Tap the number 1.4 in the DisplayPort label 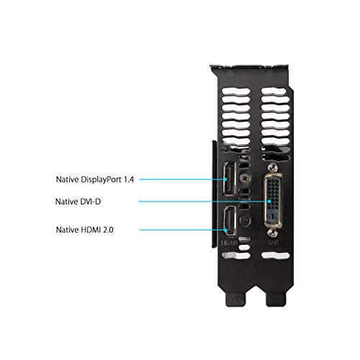coord(129,179)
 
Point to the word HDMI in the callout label coord(91,230)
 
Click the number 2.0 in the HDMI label coord(108,230)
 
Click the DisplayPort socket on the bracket coord(230,179)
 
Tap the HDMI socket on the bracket coord(230,222)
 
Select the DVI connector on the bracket coord(273,200)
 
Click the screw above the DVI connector coord(272,166)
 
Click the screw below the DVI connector coord(272,232)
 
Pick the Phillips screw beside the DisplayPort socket coord(245,179)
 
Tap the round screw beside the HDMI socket coord(246,220)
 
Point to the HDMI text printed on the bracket coord(229,243)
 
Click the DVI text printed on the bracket coord(273,243)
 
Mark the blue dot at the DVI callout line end coord(269,202)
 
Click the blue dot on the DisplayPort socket coord(225,179)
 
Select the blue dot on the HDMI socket coord(225,230)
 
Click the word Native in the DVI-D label coord(66,202)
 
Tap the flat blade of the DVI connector coord(273,216)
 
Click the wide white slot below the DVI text coord(275,256)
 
